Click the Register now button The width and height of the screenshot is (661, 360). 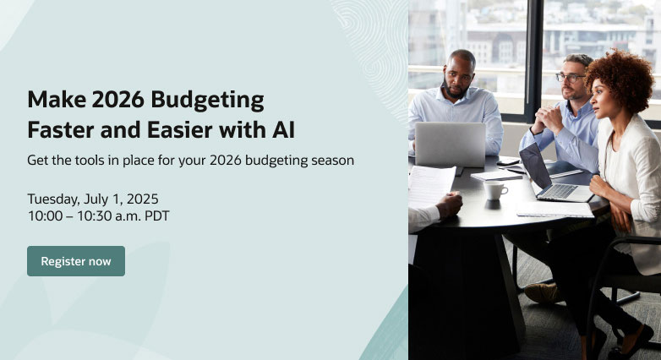click(x=76, y=261)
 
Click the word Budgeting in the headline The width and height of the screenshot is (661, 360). click(x=207, y=101)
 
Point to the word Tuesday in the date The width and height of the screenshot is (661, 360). click(x=53, y=199)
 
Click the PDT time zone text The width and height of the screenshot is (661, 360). click(x=157, y=215)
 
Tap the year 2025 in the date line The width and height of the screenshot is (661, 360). click(x=143, y=199)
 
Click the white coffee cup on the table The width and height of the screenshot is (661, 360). click(x=495, y=190)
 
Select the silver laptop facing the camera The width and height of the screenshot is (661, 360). click(x=451, y=145)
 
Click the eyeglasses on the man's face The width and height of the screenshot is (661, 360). click(x=570, y=78)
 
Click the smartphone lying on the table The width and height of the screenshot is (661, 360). click(x=508, y=161)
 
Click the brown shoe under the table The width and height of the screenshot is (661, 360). click(x=543, y=293)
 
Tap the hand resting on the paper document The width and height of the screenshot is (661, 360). click(x=449, y=205)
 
